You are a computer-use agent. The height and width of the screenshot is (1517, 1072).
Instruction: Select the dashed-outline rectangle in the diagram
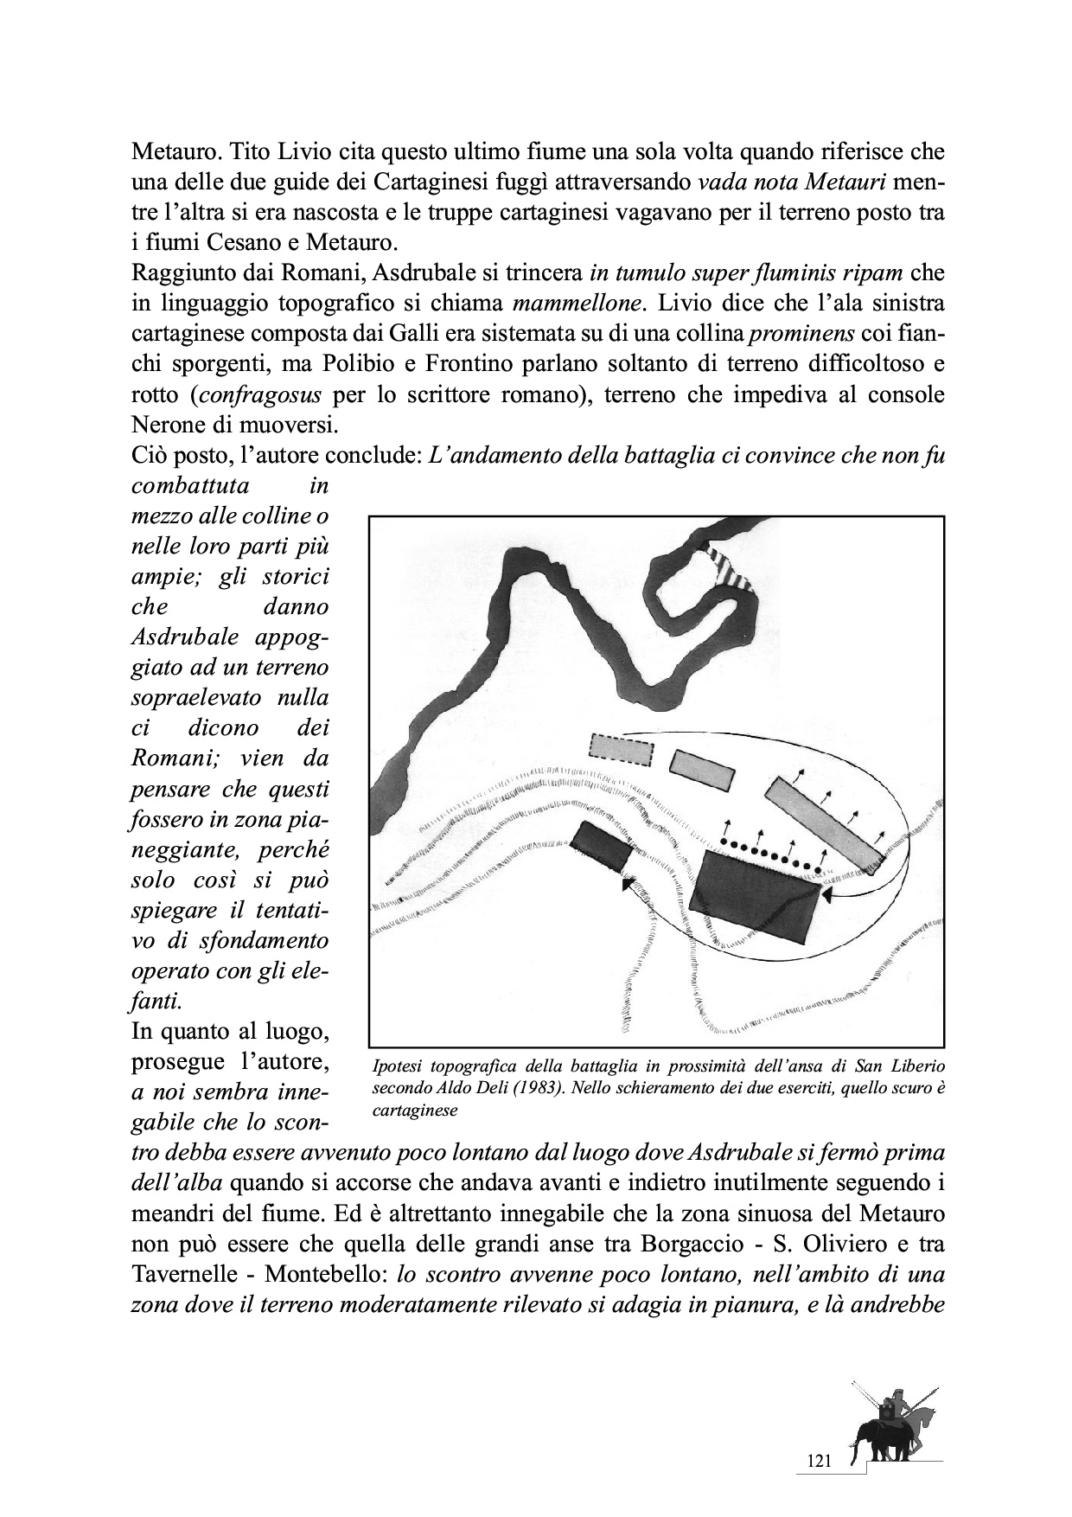click(620, 750)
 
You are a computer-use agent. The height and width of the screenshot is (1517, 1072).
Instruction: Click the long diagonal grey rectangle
click(825, 825)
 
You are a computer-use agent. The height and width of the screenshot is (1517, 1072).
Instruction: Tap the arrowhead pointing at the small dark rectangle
click(629, 880)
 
